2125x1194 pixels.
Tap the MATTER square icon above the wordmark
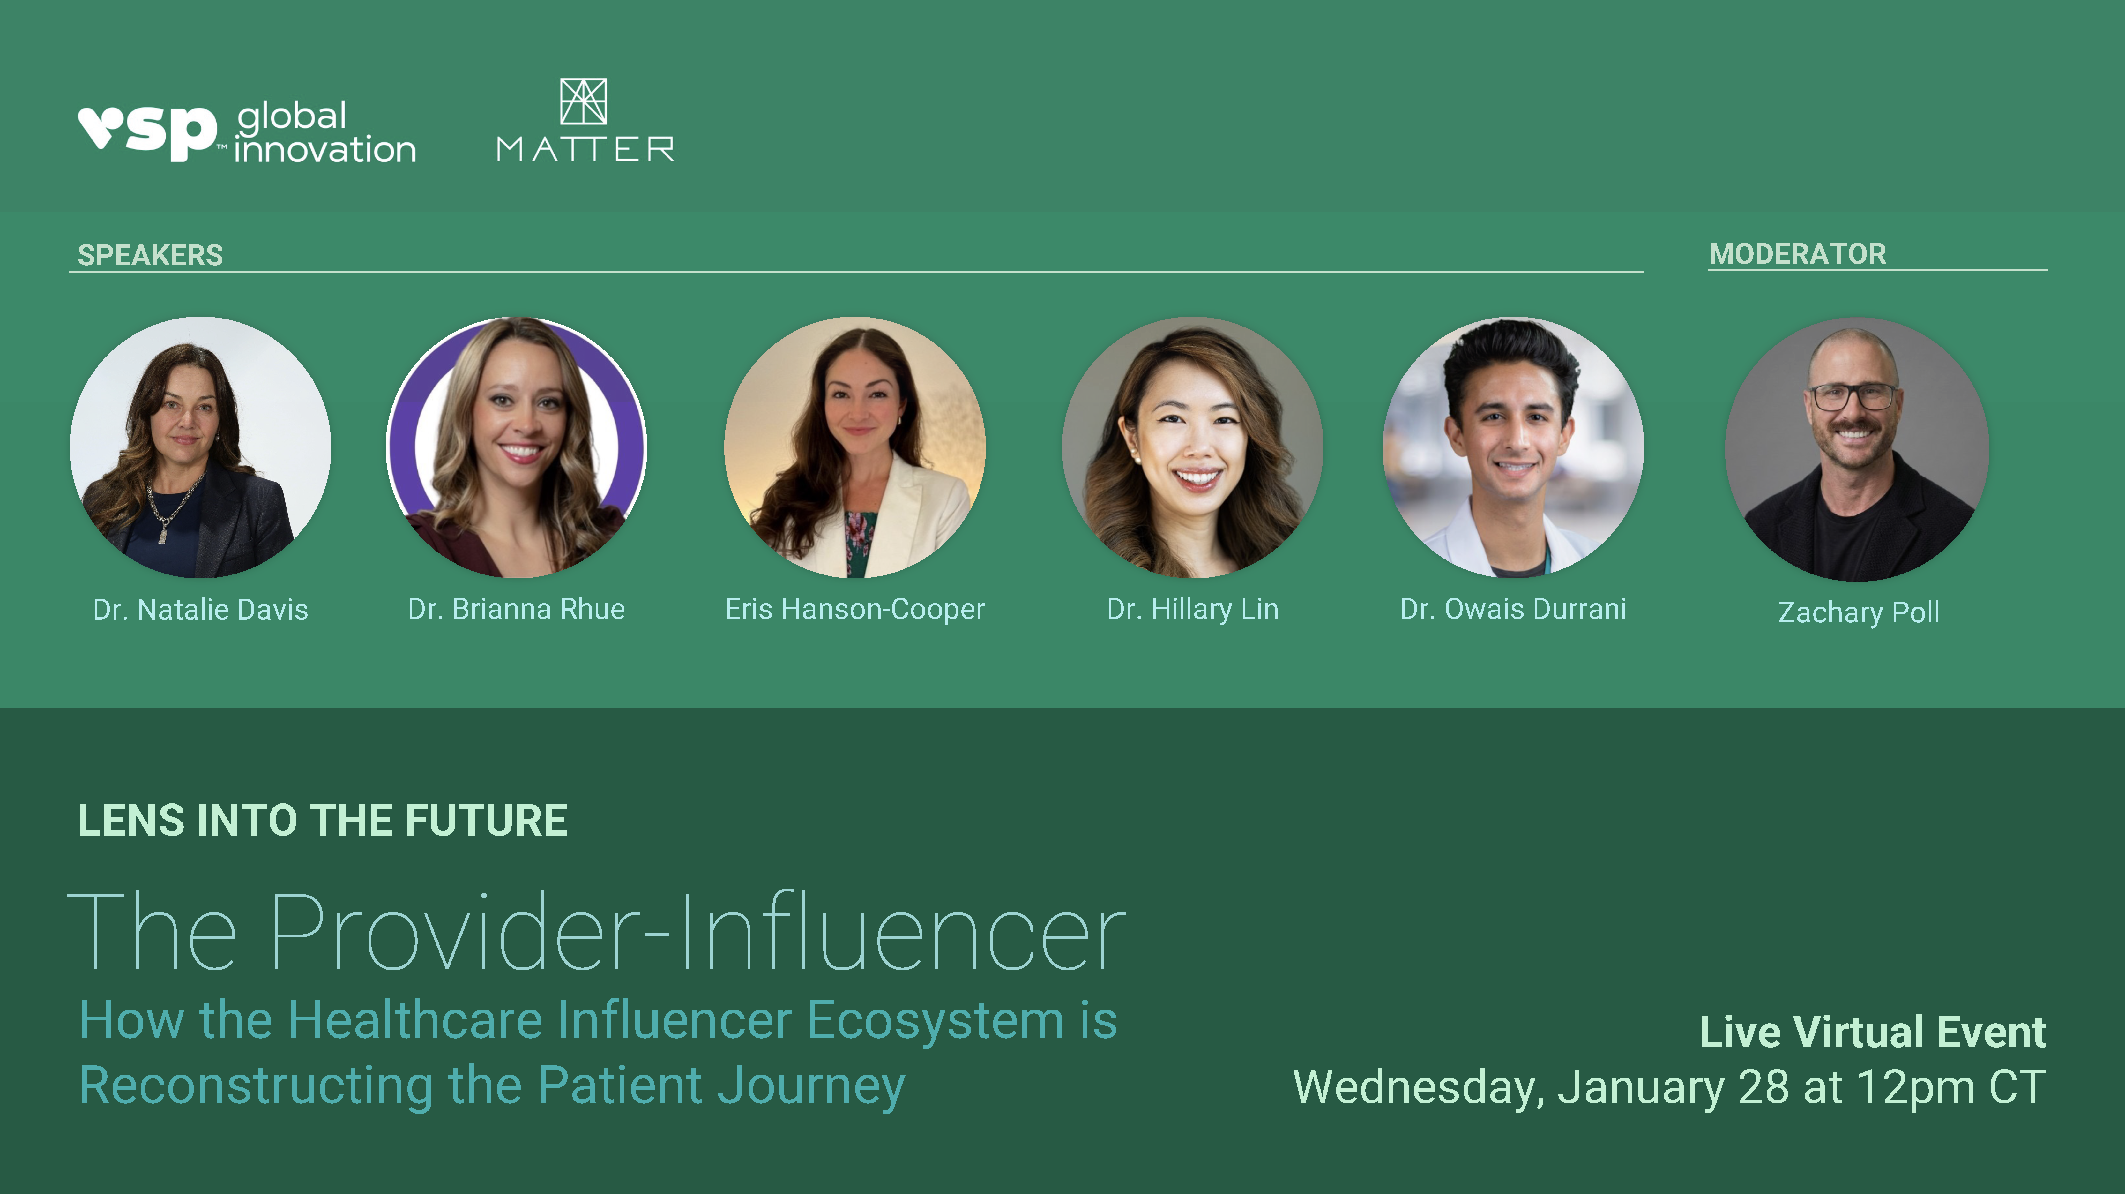(583, 101)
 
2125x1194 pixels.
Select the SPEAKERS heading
(150, 255)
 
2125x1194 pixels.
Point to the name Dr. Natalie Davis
(200, 610)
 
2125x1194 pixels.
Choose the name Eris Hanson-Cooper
(854, 610)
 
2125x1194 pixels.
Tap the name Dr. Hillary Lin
(1192, 610)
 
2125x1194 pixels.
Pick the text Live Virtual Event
(1873, 1032)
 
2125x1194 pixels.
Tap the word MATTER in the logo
(585, 149)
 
